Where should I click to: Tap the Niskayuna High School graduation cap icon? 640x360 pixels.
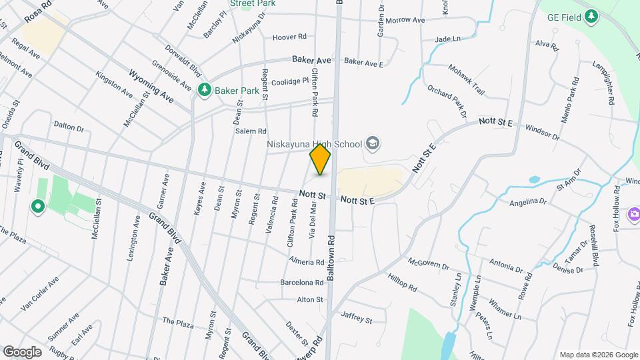click(373, 144)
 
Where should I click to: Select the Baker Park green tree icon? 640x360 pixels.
click(205, 89)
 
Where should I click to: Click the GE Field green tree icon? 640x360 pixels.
click(591, 16)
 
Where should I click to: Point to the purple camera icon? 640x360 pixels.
click(633, 214)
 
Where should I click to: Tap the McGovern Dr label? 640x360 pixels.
click(429, 265)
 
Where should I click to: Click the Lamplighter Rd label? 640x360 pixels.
click(602, 83)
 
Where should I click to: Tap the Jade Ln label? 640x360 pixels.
click(447, 39)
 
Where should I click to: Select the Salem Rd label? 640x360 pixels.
click(251, 131)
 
